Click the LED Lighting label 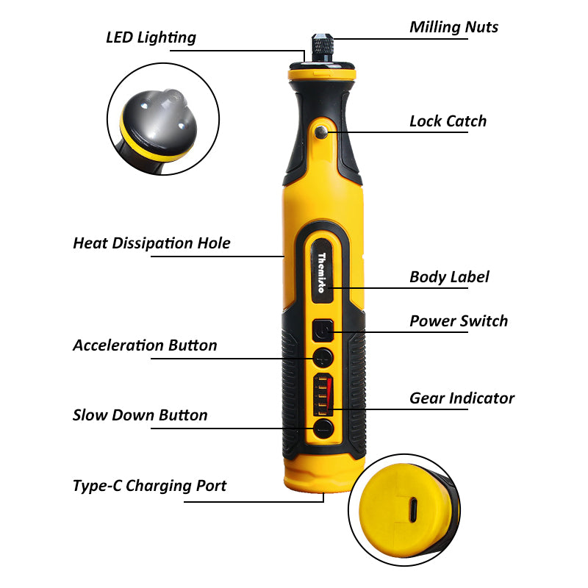151,37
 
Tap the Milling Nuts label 453,27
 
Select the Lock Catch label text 448,121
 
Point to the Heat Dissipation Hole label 151,243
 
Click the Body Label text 449,277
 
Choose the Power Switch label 458,321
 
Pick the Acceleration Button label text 145,345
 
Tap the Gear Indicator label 462,398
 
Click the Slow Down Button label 140,415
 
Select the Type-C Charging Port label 149,486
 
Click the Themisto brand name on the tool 321,272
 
